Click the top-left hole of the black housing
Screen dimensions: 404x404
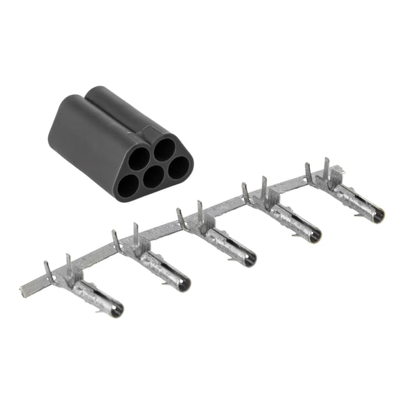[139, 158]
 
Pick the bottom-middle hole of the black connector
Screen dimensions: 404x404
[154, 176]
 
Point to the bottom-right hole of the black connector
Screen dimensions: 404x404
[178, 167]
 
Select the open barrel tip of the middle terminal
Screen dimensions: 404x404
[248, 259]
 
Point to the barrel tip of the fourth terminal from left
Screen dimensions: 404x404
[314, 236]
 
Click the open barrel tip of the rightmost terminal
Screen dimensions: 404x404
[378, 215]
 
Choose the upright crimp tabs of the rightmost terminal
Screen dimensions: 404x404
[318, 172]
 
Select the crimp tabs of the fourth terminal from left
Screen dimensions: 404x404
[255, 191]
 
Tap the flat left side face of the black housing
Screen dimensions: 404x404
[77, 145]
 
